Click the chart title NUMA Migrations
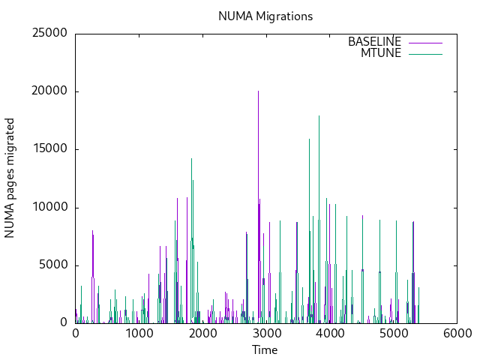tap(265, 16)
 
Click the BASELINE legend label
tap(374, 42)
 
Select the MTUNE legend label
tap(381, 53)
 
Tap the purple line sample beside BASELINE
tap(425, 42)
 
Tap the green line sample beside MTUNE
tap(425, 53)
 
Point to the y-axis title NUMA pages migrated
tap(10, 178)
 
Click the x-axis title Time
tap(265, 349)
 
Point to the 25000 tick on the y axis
tap(49, 33)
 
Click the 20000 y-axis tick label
tap(49, 91)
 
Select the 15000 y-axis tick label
tap(49, 149)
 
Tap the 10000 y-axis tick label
tap(49, 207)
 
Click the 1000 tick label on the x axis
tap(139, 334)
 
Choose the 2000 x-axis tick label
tap(202, 334)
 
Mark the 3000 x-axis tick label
tap(265, 334)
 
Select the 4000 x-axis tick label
tap(329, 334)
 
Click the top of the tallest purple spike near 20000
tap(258, 91)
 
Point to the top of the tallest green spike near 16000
tap(309, 139)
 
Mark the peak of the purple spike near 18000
tap(319, 115)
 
